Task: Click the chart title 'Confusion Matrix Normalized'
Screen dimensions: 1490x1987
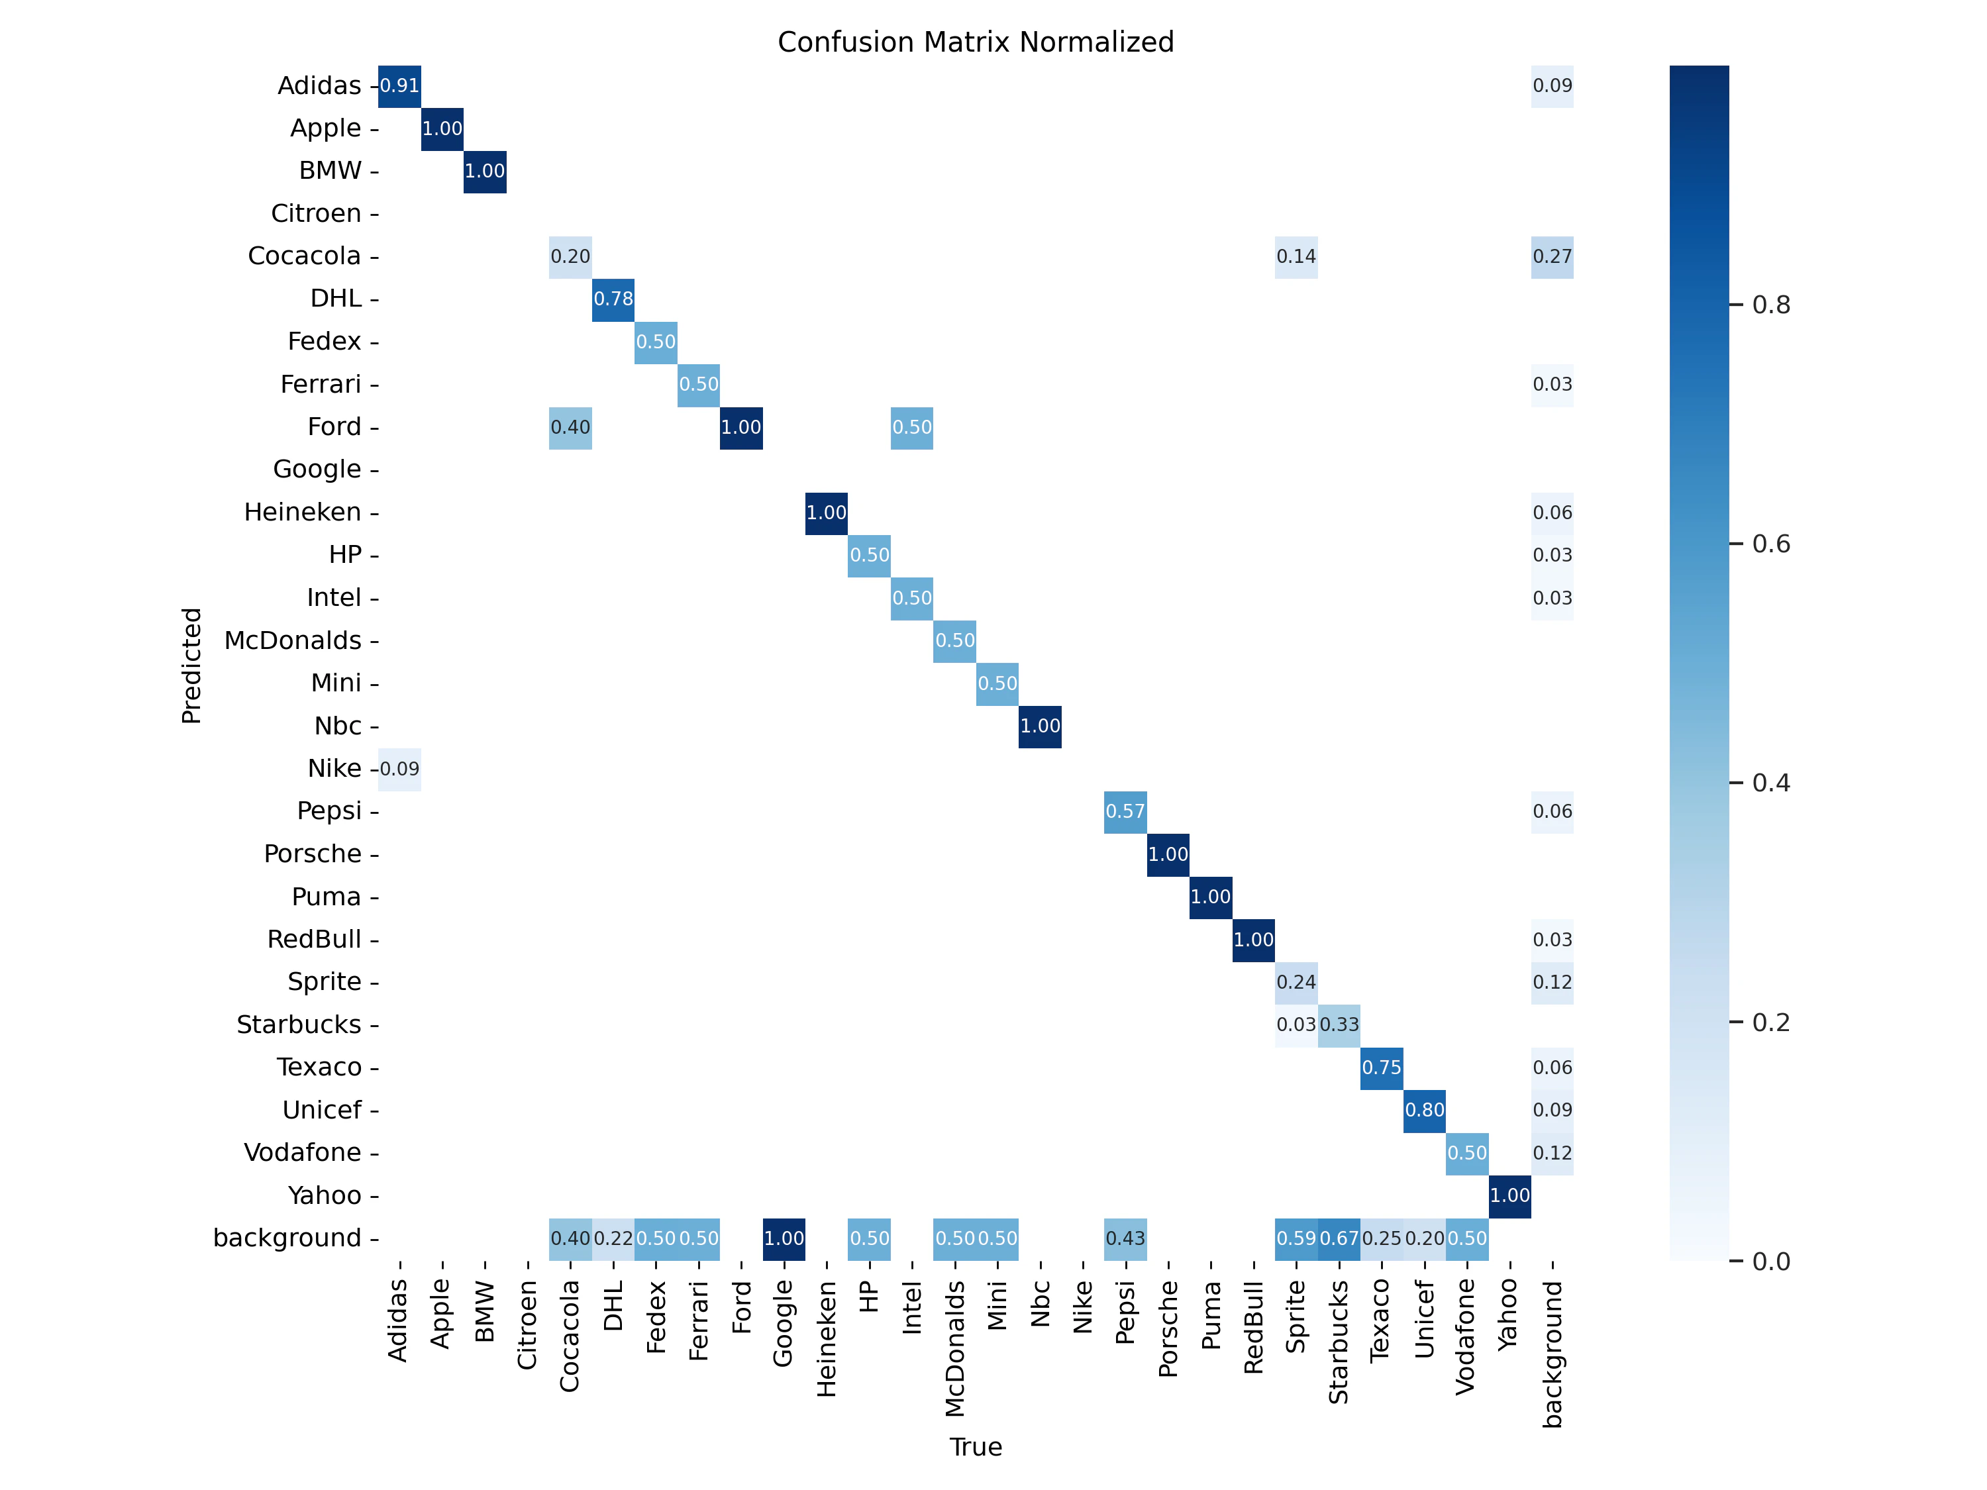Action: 976,42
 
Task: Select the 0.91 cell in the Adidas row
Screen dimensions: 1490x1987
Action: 400,86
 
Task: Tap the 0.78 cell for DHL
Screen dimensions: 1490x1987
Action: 613,299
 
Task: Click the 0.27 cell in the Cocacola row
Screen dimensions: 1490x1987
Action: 1553,257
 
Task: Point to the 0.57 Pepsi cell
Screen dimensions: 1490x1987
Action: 1125,812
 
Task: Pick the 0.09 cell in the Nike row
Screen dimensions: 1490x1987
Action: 400,769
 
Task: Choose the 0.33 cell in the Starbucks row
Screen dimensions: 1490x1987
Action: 1339,1024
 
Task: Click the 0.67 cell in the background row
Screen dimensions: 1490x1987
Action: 1339,1238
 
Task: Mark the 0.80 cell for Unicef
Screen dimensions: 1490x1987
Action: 1425,1110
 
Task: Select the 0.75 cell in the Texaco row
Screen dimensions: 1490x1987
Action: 1382,1068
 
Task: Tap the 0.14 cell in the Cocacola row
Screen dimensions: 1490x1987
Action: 1296,257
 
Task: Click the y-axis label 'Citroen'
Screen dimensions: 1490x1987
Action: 316,214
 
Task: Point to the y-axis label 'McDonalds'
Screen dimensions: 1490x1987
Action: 293,640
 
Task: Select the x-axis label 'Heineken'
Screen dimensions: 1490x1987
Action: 827,1338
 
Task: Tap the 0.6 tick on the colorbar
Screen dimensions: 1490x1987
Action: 1770,544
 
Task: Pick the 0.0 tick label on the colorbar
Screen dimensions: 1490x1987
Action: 1770,1262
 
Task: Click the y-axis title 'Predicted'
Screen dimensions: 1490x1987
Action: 191,666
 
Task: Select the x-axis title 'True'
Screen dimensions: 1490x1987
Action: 976,1447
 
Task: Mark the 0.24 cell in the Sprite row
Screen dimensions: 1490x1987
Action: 1296,983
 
